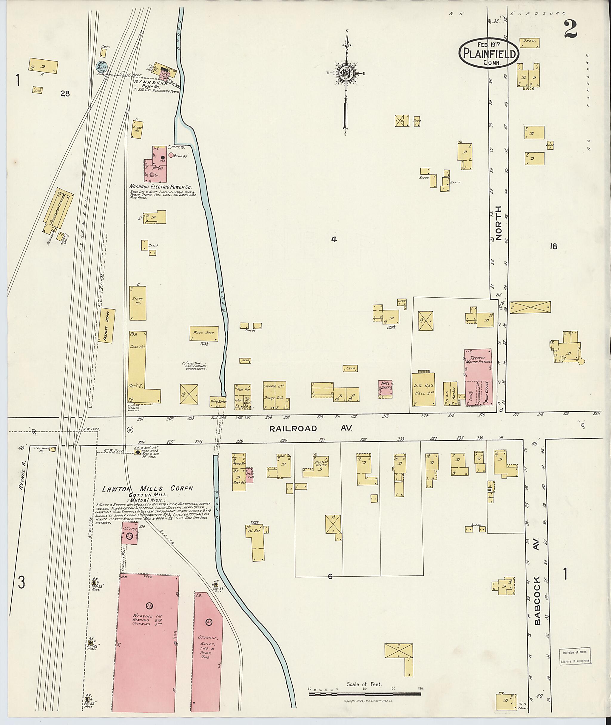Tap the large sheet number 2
(x=570, y=29)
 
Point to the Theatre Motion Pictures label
(x=478, y=360)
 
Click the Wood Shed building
(x=204, y=333)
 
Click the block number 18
(x=553, y=247)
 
